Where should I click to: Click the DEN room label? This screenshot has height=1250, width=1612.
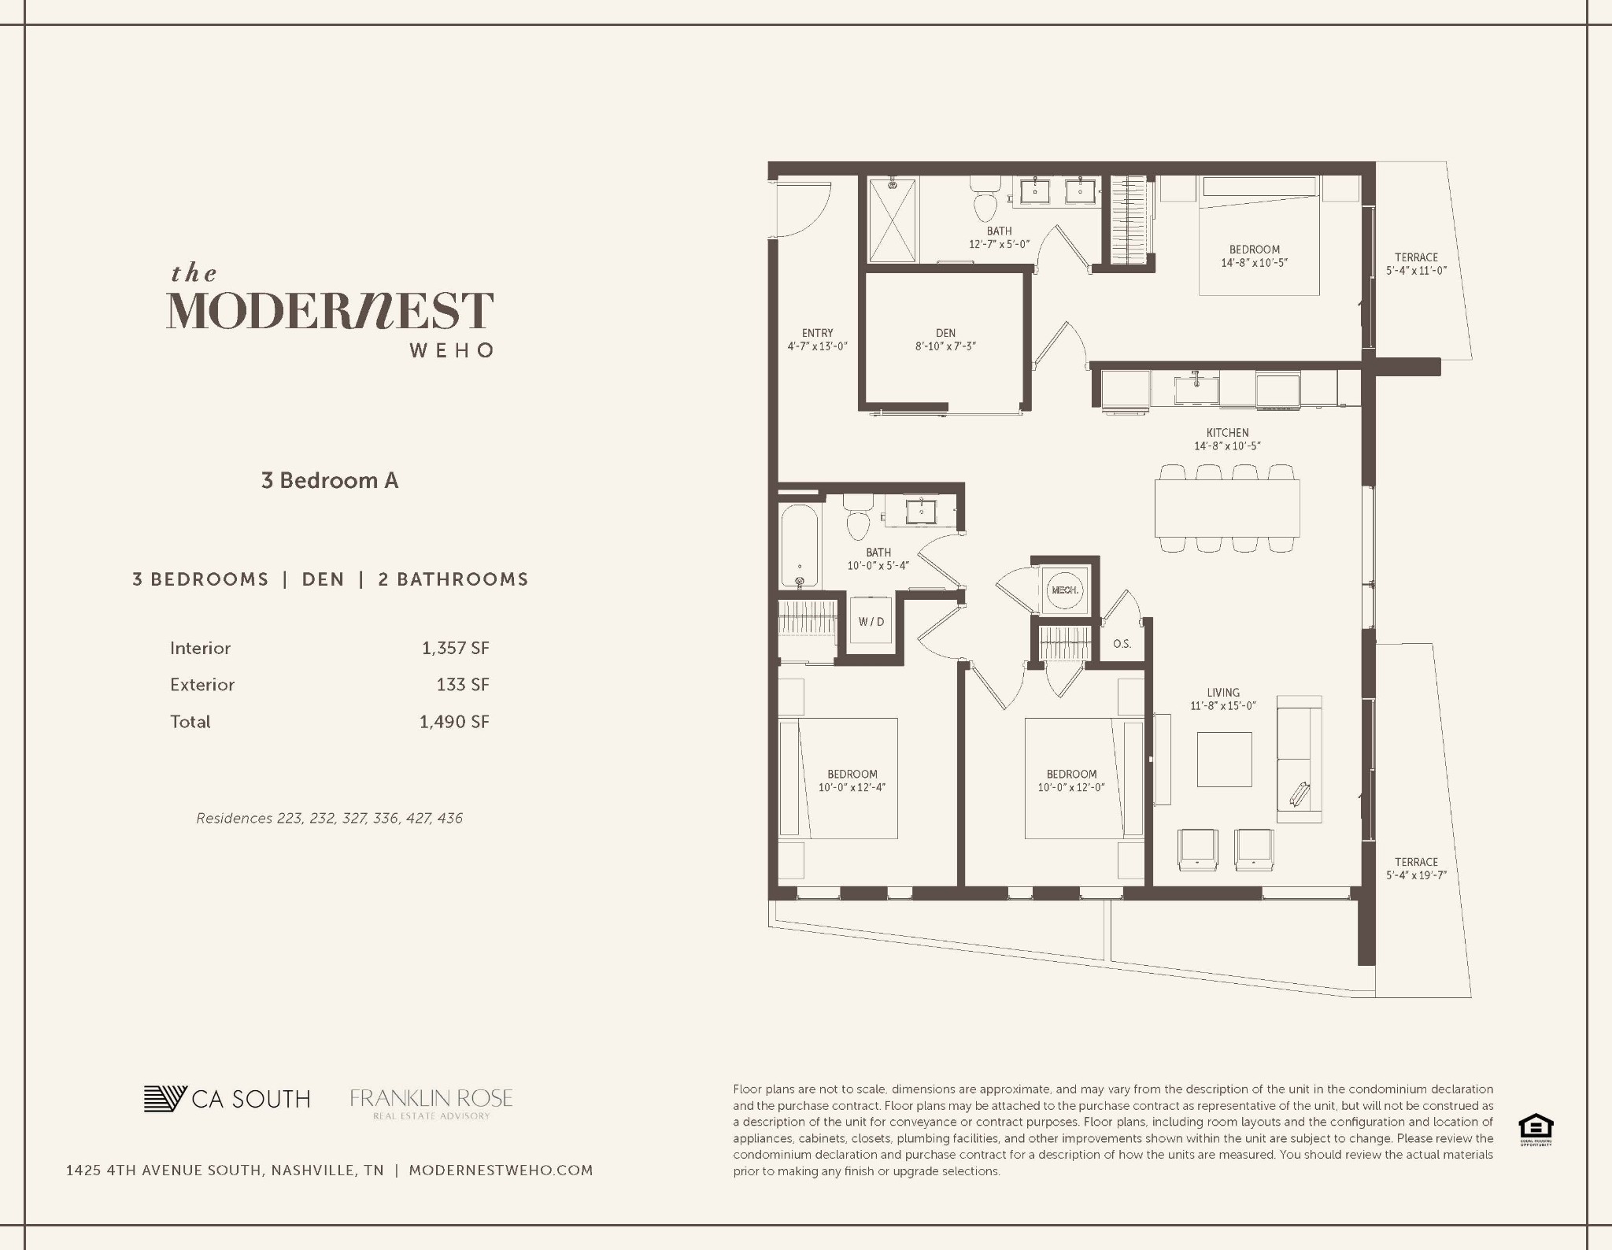945,333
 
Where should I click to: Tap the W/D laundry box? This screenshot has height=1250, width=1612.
871,622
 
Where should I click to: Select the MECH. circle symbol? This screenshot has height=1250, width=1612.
1065,590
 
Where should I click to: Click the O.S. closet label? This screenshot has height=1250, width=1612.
1122,644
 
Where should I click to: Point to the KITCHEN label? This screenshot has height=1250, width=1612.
1227,433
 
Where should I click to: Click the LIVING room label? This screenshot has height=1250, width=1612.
1222,693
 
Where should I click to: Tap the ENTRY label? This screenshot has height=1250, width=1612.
817,333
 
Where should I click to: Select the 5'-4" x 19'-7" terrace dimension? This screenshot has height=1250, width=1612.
1416,875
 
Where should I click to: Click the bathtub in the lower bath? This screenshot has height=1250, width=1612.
800,545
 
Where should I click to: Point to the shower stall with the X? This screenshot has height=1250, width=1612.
893,220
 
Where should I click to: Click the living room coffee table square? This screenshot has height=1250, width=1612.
1224,759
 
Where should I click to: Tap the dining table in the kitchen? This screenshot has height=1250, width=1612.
1226,509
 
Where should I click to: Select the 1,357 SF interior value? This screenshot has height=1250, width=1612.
455,649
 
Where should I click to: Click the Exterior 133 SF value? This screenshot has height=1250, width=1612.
463,685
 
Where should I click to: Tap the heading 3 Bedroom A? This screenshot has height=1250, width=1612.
330,481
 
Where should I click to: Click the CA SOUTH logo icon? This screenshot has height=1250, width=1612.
165,1099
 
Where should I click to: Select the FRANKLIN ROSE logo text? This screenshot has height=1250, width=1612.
431,1099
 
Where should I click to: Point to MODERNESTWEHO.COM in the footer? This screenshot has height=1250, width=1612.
501,1170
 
